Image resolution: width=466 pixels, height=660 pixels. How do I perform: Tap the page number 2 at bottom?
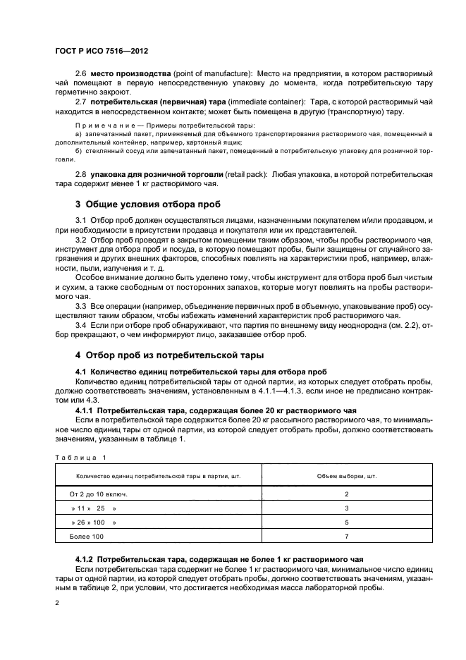coord(56,604)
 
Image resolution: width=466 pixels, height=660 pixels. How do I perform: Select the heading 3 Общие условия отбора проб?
coord(148,204)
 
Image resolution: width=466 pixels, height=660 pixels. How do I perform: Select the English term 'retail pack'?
coord(249,173)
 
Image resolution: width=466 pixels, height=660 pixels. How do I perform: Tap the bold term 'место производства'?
coord(123,74)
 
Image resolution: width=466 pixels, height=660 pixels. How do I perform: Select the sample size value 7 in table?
coord(346,537)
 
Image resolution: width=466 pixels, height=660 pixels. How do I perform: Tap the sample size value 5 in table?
coord(346,522)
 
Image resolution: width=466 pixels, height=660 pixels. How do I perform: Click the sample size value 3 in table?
coord(346,508)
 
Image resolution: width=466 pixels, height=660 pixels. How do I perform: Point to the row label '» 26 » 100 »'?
coord(94,522)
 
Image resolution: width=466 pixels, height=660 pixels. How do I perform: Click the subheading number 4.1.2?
coord(85,558)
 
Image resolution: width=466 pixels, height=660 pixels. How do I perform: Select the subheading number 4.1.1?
coord(85,410)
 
